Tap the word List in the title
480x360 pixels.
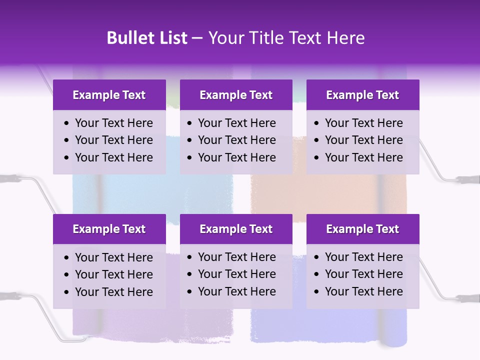171,38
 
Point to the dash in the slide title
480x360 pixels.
197,38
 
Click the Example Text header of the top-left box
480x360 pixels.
109,95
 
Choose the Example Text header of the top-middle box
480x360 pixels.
236,95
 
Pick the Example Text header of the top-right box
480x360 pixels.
362,95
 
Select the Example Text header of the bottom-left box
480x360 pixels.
109,229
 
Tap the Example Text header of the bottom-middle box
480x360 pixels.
236,229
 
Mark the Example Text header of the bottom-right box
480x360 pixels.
362,229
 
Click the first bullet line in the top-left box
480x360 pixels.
113,123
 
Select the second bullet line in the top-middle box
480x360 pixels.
236,140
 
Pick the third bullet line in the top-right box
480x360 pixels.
363,157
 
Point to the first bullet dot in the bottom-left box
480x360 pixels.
67,258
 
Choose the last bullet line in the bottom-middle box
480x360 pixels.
236,291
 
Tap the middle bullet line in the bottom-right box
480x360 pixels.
363,274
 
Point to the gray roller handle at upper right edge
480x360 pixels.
469,179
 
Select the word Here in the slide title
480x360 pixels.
345,38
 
